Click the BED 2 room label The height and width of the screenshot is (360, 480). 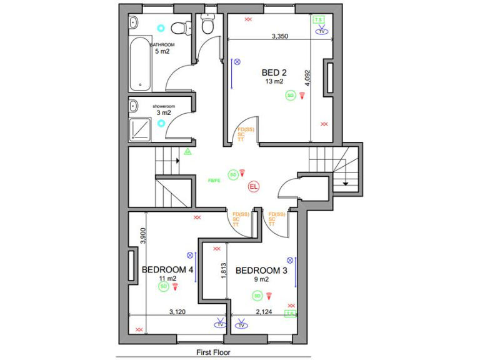(274, 72)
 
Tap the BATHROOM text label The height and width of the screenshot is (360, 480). (162, 45)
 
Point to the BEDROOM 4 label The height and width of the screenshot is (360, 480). (167, 269)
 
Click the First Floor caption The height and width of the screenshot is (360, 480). (213, 352)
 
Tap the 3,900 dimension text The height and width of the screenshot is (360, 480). (143, 236)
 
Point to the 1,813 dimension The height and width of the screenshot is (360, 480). (223, 271)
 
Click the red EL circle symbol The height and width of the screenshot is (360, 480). (254, 186)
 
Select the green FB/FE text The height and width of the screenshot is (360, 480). (214, 180)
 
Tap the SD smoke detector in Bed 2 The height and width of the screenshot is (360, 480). (290, 95)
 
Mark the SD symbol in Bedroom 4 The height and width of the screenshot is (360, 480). (163, 286)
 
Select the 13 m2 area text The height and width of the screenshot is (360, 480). (274, 81)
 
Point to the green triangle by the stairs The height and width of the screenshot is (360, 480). (187, 151)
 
